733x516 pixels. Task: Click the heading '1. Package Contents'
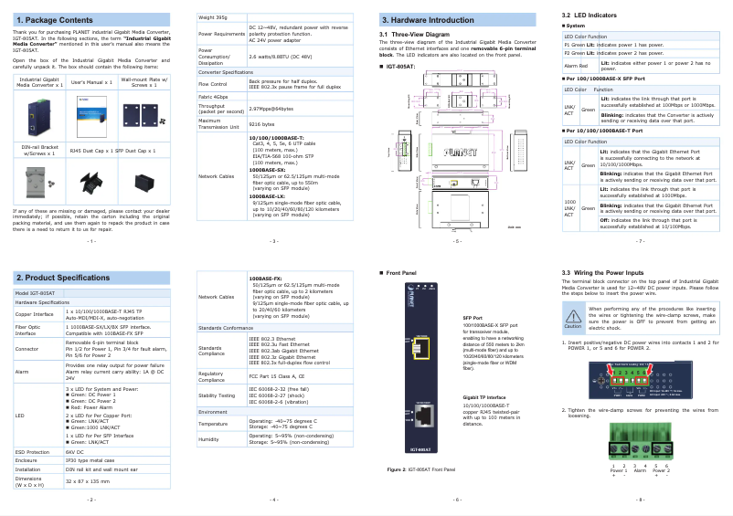54,20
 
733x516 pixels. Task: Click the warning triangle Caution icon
573,316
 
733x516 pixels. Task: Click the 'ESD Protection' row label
33,451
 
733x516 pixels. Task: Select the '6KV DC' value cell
75,451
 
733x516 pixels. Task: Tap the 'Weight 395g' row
216,17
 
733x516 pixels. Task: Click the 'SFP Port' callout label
473,316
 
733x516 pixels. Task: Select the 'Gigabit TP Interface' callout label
484,398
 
